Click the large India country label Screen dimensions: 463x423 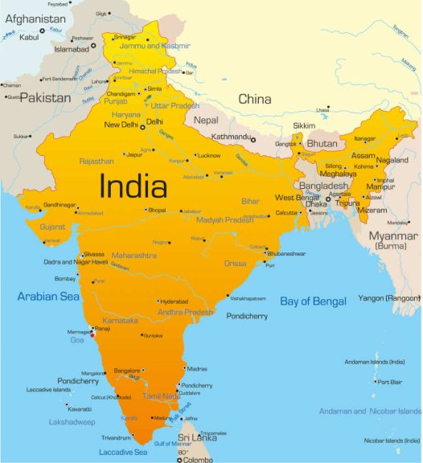pyautogui.click(x=133, y=186)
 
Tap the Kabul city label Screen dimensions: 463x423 pyautogui.click(x=29, y=37)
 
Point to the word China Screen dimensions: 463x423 pyautogui.click(x=254, y=99)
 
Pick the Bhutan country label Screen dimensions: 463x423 pyautogui.click(x=322, y=143)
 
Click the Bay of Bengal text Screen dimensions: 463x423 pyautogui.click(x=313, y=301)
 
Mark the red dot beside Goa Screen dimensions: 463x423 pyautogui.click(x=93, y=336)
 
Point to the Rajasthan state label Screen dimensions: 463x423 pyautogui.click(x=97, y=161)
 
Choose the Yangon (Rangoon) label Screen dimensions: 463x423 pyautogui.click(x=389, y=297)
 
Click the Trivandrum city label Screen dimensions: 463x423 pyautogui.click(x=116, y=438)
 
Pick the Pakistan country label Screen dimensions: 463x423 pyautogui.click(x=46, y=97)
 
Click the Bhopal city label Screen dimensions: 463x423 pyautogui.click(x=156, y=210)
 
